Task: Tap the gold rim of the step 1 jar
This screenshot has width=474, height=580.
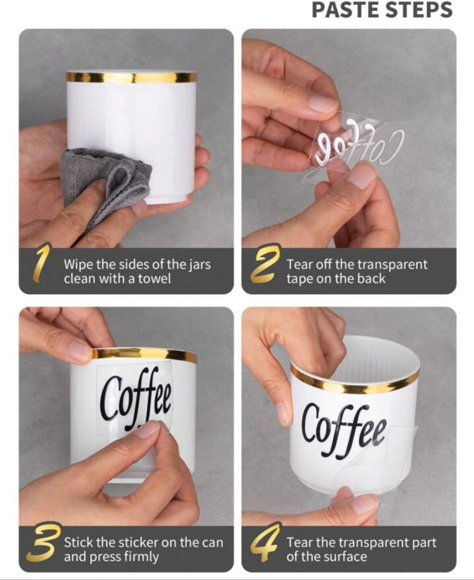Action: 131,77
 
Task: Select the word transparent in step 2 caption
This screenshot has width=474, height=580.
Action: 393,265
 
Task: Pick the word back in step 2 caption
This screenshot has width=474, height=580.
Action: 371,279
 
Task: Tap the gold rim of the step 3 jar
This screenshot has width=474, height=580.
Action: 144,355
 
